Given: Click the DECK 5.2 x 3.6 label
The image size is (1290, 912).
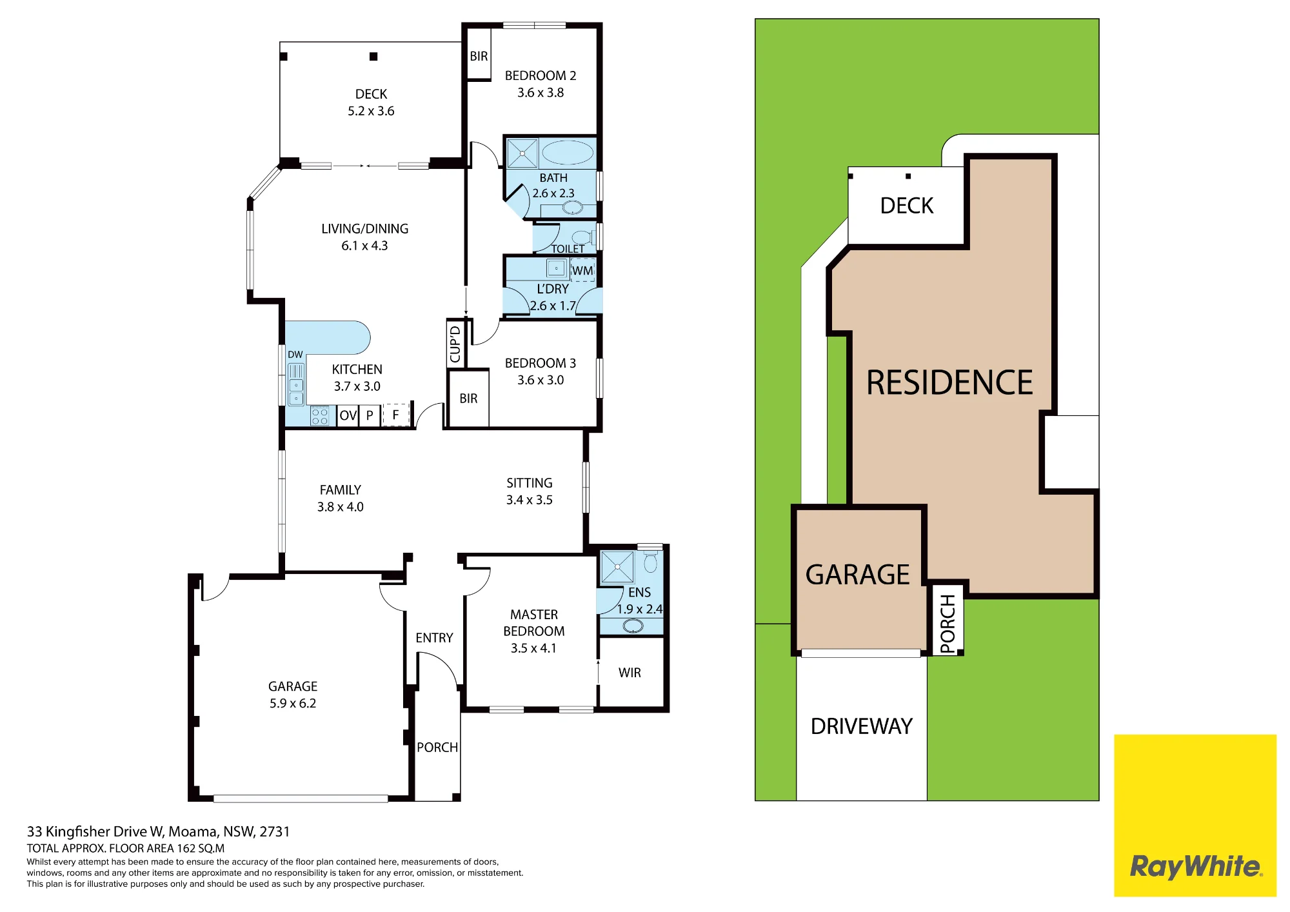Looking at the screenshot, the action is (x=371, y=103).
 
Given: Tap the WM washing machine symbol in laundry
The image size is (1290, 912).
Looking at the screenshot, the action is (x=582, y=270).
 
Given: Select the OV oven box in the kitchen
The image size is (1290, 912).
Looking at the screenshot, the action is (x=348, y=415).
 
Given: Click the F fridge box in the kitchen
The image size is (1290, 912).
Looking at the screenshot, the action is (x=396, y=415).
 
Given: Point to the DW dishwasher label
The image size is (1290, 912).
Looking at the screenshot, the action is (x=295, y=355).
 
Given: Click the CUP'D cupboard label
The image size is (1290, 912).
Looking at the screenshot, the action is (x=455, y=344).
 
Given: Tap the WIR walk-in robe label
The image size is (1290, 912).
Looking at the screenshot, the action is (x=630, y=673).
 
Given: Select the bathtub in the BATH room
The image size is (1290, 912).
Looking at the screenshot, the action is (x=567, y=154).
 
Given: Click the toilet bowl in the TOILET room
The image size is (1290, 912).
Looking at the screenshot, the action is (x=582, y=237).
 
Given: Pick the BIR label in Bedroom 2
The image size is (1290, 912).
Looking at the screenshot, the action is (x=479, y=56).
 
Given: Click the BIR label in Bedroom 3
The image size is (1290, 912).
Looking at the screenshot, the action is (x=468, y=399).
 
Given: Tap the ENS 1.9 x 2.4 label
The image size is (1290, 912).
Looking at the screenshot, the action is (x=639, y=600).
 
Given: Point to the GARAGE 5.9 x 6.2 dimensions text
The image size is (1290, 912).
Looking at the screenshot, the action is (x=293, y=703).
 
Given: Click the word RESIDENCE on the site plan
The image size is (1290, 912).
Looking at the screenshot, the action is (x=949, y=382).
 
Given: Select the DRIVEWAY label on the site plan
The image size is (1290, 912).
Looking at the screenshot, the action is (x=862, y=726).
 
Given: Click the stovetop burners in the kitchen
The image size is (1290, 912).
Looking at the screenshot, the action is (x=320, y=416).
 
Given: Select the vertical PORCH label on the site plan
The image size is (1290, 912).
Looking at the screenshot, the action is (x=948, y=624).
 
